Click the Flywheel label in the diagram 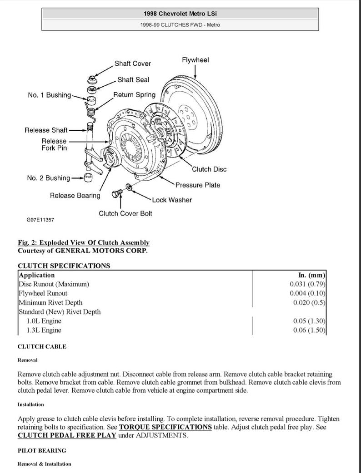click(195, 60)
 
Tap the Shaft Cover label click(132, 64)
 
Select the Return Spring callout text click(134, 95)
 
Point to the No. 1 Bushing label click(49, 95)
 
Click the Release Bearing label click(75, 196)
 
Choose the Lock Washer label click(172, 200)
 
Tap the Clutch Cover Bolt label click(125, 213)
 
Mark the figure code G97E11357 click(40, 220)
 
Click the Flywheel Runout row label click(43, 293)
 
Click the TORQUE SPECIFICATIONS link click(165, 427)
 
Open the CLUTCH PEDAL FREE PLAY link click(67, 436)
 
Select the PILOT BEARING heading click(42, 451)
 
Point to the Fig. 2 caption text click(83, 243)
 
